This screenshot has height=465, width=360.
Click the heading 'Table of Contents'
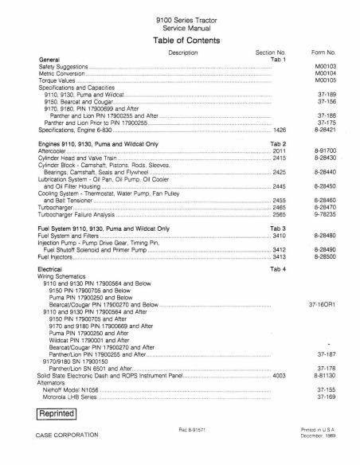(x=179, y=38)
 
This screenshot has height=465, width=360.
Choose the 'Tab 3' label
(x=277, y=229)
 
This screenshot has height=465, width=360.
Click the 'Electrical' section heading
(x=53, y=270)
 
